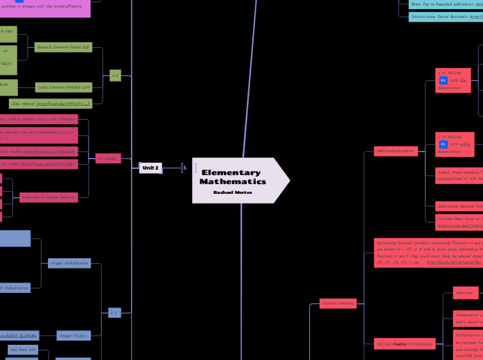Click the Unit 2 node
coord(150,168)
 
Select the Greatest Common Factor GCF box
coord(63,47)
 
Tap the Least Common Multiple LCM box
coord(64,87)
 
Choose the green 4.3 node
coord(115,75)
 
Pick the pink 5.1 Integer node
coord(108,159)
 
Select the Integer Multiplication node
coord(69,263)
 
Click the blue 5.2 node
coord(115,313)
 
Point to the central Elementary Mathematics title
coord(233,177)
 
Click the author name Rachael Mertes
coord(233,192)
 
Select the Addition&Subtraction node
coord(393,150)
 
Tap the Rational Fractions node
coord(338,303)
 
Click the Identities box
coord(465,293)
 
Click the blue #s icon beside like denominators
coord(443,80)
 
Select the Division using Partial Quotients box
coord(446,16)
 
